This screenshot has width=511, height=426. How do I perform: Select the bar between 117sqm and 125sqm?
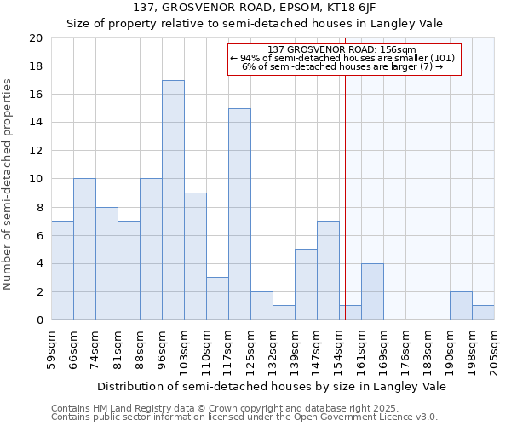(239, 214)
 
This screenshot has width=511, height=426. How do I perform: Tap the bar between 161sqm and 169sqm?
(372, 291)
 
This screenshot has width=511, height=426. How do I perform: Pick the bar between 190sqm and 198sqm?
(461, 306)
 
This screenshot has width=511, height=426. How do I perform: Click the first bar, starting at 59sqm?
(62, 270)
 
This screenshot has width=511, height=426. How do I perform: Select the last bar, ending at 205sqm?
(483, 313)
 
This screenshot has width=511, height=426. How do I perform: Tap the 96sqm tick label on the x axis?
(163, 348)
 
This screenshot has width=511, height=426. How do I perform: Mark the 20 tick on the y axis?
(35, 38)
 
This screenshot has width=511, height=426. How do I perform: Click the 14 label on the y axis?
(35, 123)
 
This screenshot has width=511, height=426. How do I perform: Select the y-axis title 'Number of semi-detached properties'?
(9, 184)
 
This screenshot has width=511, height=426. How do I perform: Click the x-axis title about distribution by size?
(273, 386)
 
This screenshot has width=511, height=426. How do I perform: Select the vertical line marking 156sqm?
(346, 187)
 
